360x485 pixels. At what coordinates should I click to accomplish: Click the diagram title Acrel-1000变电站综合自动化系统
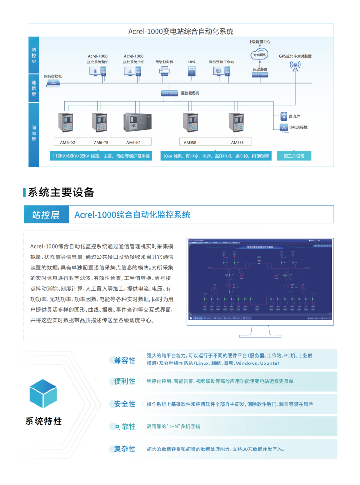[x=180, y=31]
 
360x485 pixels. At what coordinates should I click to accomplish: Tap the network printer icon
[x=164, y=72]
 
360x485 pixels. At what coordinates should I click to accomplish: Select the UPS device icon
[x=192, y=71]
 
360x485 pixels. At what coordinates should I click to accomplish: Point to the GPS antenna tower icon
[x=295, y=66]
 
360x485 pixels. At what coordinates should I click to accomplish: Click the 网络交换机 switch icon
[x=53, y=83]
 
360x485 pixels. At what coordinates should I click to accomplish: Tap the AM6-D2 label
[x=68, y=142]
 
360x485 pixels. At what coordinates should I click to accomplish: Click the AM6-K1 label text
[x=133, y=142]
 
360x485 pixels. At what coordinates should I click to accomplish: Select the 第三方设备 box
[x=294, y=156]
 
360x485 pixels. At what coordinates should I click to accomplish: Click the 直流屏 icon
[x=283, y=117]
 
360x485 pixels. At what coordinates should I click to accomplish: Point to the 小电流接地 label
[x=298, y=127]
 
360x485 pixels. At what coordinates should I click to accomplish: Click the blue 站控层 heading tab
[x=46, y=215]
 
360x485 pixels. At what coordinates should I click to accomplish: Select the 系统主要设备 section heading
[x=61, y=193]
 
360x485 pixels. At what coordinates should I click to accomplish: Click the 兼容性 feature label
[x=125, y=360]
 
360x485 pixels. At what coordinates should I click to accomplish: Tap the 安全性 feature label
[x=125, y=404]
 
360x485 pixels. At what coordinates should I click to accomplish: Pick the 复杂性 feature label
[x=125, y=449]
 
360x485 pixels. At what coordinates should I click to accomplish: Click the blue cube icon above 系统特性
[x=43, y=393]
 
